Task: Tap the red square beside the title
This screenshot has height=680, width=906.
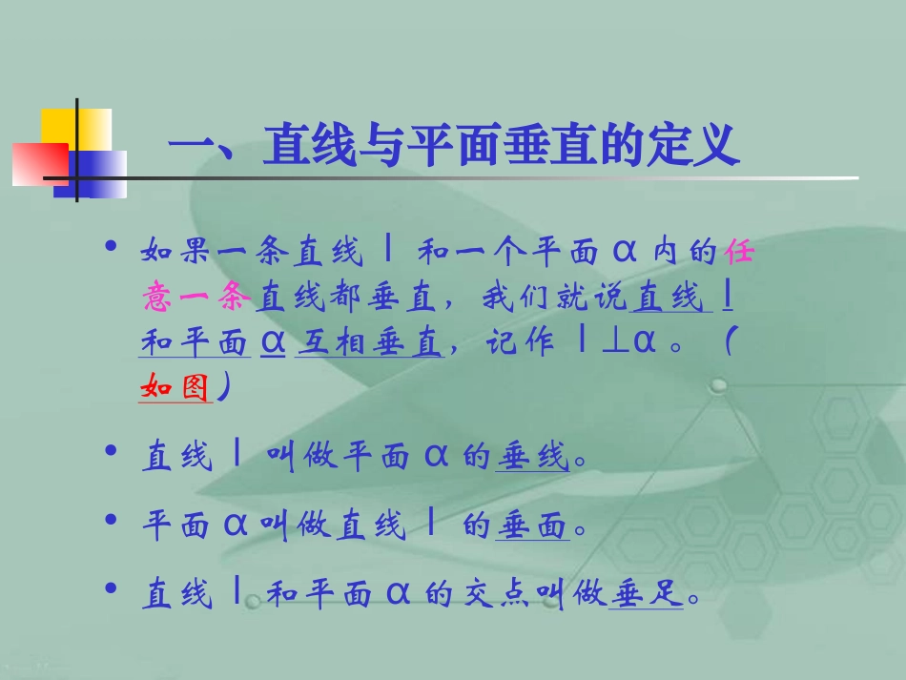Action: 38,163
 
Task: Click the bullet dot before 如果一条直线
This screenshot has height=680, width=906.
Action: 113,247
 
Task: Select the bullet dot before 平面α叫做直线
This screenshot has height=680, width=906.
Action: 113,520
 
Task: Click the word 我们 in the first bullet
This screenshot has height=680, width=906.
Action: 515,299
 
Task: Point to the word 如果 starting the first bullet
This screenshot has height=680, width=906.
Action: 175,254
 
